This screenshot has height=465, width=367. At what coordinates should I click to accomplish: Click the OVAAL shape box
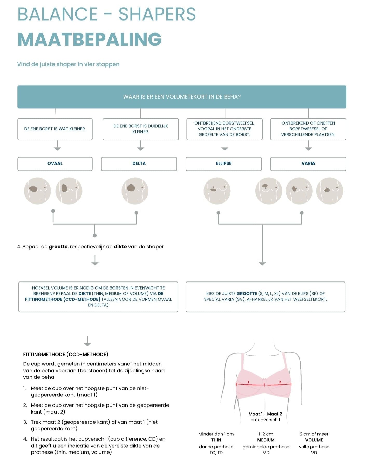coord(55,163)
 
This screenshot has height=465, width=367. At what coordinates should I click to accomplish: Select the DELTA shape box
coord(139,163)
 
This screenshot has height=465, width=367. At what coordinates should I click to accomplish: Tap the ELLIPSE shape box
coord(223,163)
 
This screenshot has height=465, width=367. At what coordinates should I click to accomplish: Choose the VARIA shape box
coord(308,163)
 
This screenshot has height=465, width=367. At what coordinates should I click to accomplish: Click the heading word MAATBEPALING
coord(90,40)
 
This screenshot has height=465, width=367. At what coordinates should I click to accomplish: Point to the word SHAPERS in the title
coord(157,14)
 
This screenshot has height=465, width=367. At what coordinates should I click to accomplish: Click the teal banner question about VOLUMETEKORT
coord(182,97)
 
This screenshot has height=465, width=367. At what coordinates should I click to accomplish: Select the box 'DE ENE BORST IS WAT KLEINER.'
coord(55,129)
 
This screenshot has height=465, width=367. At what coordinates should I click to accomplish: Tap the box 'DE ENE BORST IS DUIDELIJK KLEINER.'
coord(140,129)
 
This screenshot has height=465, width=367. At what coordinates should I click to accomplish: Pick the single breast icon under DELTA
coord(135,191)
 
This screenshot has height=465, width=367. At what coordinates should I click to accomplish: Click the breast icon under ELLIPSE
coord(217,191)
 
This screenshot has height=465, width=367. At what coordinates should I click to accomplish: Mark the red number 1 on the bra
coord(248,382)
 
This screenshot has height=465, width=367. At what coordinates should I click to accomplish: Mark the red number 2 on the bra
coord(280,382)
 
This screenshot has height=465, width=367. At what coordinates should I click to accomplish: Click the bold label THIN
coord(216,440)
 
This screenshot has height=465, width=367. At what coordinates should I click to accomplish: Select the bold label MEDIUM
coord(266,440)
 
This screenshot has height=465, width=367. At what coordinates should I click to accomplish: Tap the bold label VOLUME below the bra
coord(314,440)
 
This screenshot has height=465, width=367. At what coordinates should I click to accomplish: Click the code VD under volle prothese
coord(314,453)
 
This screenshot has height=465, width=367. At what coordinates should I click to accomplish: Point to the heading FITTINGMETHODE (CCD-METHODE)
coord(66,355)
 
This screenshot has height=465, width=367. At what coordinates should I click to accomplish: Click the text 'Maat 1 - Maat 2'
coord(265,414)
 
